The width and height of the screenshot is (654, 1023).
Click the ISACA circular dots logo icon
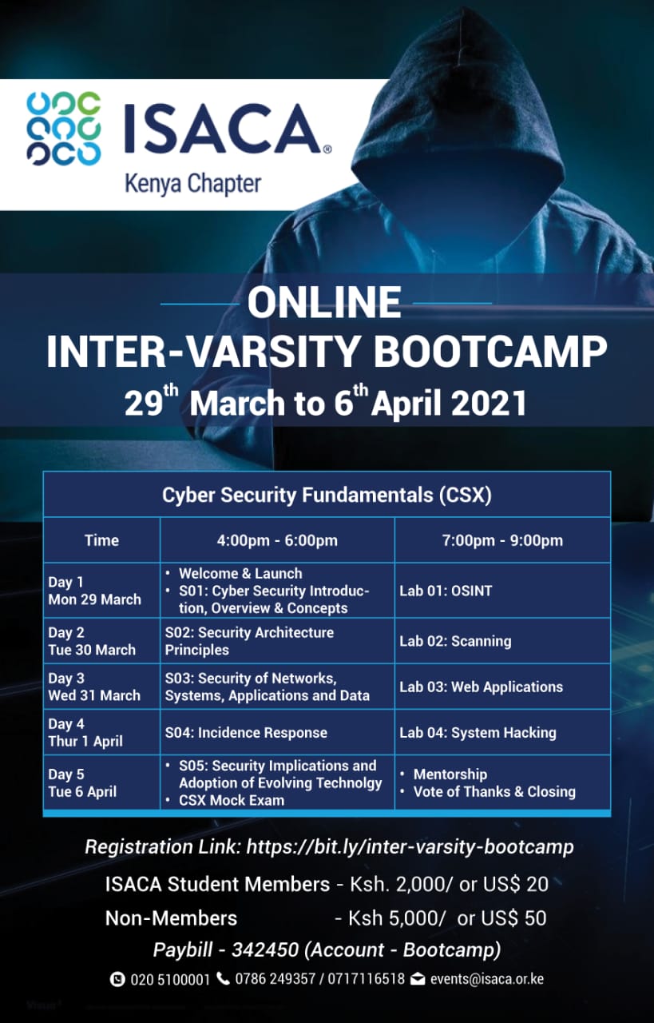pos(63,129)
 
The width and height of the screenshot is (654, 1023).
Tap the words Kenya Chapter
pos(193,184)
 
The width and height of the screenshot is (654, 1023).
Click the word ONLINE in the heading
pos(324,302)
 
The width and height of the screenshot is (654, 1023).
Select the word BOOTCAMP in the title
pos(491,352)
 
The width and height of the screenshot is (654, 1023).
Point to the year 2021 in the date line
pos(488,404)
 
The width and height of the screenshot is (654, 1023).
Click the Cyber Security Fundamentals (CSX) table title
pos(327,495)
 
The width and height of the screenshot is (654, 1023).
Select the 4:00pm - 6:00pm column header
pos(277,540)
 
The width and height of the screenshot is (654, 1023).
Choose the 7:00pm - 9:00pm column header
pos(502,540)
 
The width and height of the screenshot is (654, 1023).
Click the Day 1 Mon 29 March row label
pos(94,591)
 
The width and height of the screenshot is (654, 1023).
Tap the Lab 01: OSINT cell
pos(446,591)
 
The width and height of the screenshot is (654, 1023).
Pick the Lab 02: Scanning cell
pos(455,641)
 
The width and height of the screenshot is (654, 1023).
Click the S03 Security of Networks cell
pos(267,687)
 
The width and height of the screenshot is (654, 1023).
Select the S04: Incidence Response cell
pos(246,733)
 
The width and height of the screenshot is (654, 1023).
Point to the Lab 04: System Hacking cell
pos(478,733)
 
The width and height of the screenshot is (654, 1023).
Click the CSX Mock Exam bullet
pos(225,800)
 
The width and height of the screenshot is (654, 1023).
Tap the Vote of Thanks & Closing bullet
pos(488,791)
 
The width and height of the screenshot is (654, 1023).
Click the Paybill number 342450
pos(264,950)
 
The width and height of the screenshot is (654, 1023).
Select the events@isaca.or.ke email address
pos(486,979)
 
